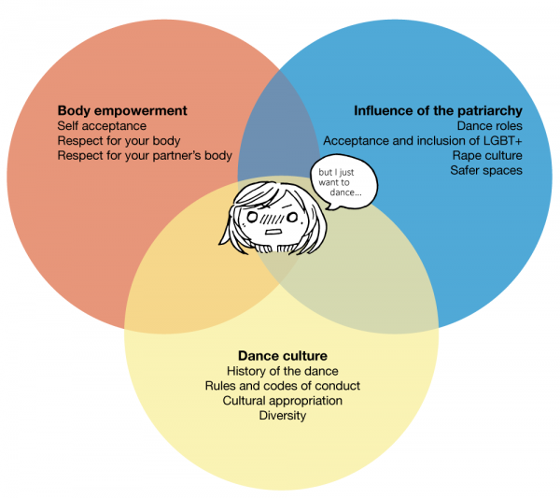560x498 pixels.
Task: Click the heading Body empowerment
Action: coord(122,110)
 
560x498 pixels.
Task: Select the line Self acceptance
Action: coord(102,126)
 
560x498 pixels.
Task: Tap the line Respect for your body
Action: coord(119,141)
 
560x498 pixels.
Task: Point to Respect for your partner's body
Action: coord(145,156)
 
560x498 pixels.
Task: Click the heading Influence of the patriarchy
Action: coord(437,110)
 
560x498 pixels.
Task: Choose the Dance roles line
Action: coord(489,125)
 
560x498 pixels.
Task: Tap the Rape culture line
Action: coord(487,155)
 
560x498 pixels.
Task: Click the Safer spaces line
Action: coord(485,170)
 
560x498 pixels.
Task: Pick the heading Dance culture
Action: coord(283,356)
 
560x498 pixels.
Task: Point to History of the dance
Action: coord(283,371)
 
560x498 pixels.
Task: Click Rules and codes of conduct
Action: coord(283,386)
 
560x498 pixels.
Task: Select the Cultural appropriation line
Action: coord(283,401)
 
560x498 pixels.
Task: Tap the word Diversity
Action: coord(283,416)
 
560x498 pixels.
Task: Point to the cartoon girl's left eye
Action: coord(291,218)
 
